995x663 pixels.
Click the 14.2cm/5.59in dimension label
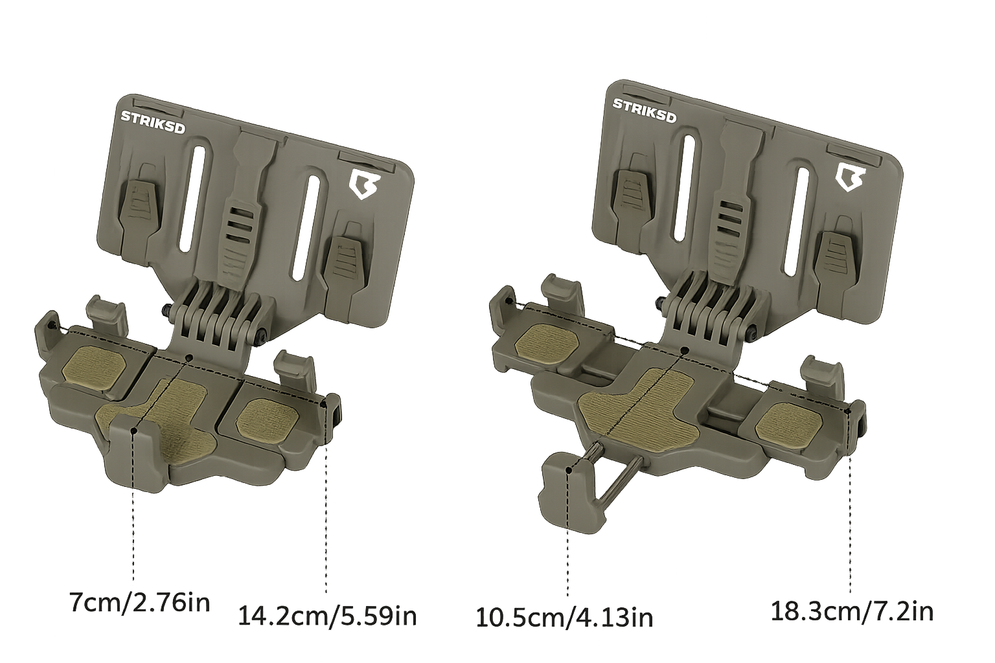(x=326, y=616)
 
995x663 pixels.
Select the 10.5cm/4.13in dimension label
(x=564, y=617)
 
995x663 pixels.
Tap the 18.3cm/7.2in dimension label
(x=852, y=611)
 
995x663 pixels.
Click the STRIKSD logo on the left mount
(x=153, y=122)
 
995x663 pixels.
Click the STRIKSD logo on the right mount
(x=645, y=110)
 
